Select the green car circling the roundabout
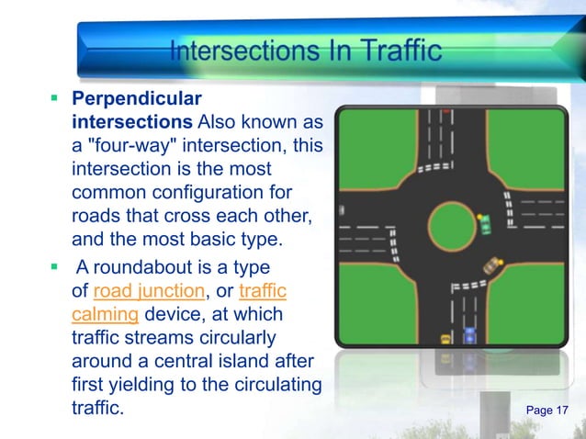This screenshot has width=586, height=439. pos(484,222)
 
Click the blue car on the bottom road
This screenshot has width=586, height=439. pos(470,332)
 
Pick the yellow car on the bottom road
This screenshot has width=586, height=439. pos(445,337)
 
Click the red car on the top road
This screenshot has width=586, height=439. pos(445,111)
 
